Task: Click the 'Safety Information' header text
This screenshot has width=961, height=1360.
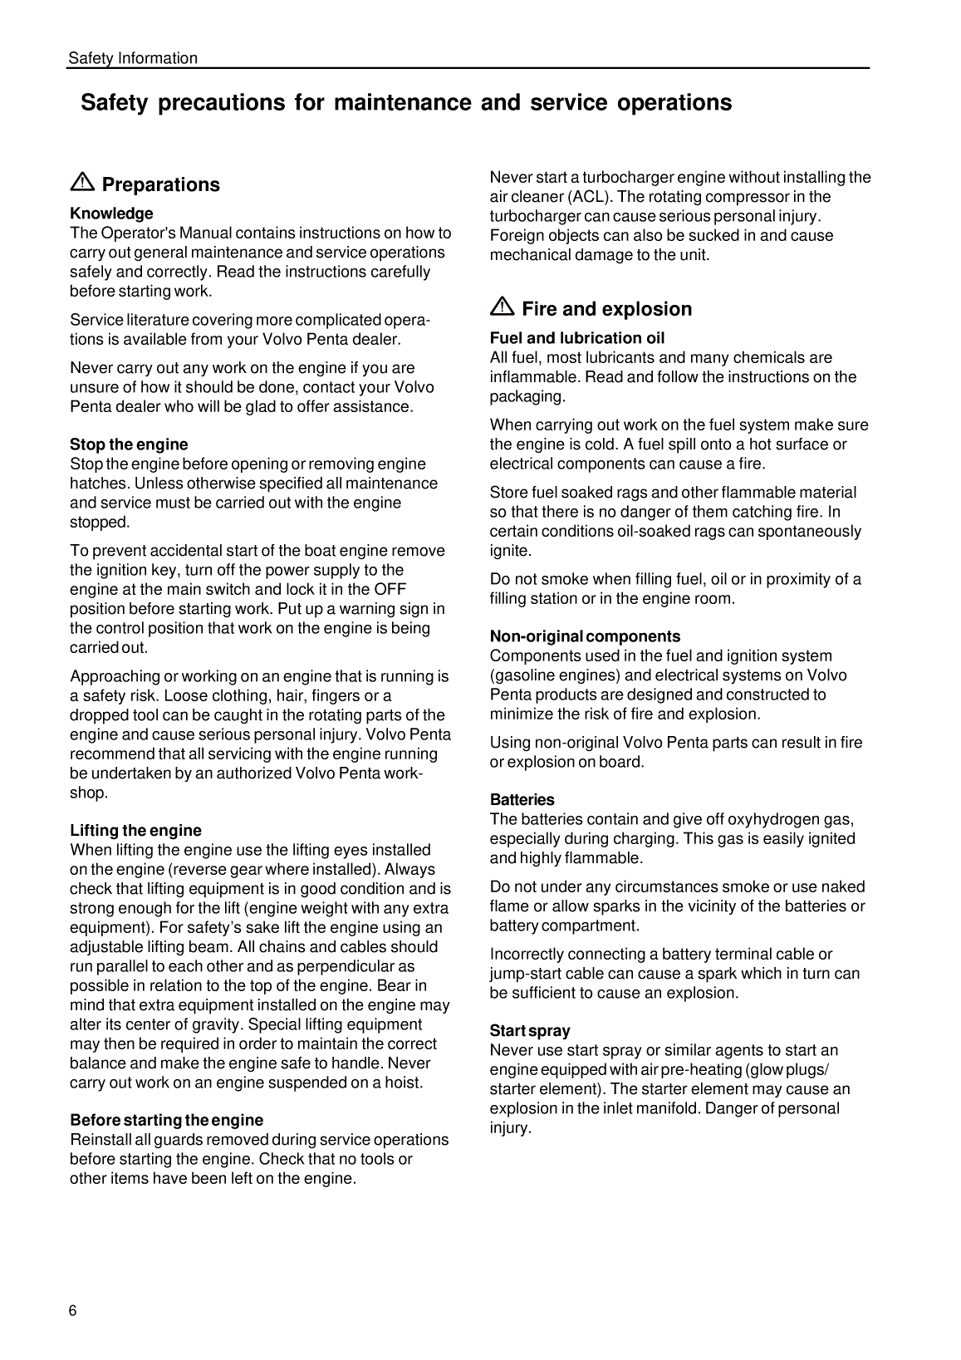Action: (x=133, y=58)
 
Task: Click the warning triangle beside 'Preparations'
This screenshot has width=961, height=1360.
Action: (x=83, y=183)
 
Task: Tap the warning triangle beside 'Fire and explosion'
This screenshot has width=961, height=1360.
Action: (x=503, y=307)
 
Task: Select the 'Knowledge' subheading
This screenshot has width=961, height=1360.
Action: (x=111, y=214)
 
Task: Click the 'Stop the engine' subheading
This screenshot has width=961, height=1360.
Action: (x=129, y=444)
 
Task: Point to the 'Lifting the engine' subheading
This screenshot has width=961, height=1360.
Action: (x=135, y=831)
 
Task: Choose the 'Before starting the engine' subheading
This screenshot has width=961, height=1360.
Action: (x=166, y=1120)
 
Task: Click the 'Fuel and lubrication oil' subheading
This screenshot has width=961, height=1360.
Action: (x=576, y=338)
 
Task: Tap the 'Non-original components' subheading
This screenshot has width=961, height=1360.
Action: (x=585, y=636)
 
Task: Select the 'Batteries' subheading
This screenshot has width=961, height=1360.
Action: (x=522, y=800)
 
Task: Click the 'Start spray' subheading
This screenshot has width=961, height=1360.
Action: (x=530, y=1031)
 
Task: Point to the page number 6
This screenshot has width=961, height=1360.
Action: (x=73, y=1311)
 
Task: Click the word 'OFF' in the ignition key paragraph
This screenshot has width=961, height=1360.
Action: (x=390, y=590)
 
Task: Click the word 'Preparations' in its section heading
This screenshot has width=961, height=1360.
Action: (x=160, y=184)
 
